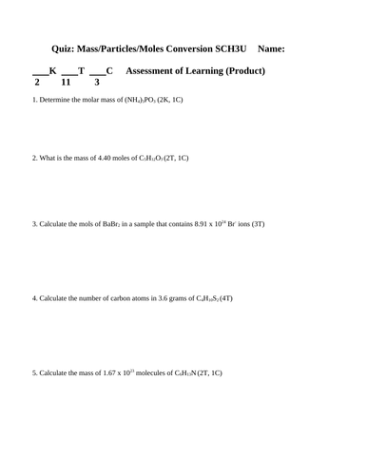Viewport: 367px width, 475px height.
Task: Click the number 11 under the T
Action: click(x=68, y=83)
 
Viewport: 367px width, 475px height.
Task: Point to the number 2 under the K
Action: click(x=36, y=83)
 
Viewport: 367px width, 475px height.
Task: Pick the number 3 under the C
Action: click(x=96, y=83)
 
